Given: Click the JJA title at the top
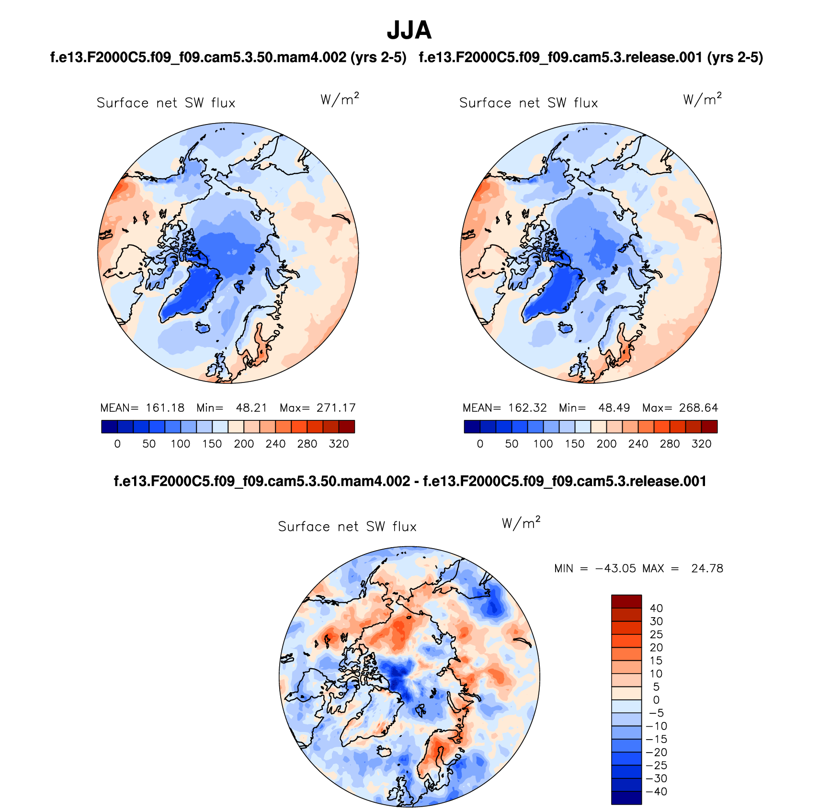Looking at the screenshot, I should [409, 31].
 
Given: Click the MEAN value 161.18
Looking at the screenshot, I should [165, 408].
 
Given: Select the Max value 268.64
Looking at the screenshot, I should [698, 408].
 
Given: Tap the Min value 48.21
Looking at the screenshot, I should [251, 408].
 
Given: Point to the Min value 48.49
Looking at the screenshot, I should [614, 408].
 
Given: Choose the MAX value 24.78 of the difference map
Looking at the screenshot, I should [707, 568].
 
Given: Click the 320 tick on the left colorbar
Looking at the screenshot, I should [339, 444].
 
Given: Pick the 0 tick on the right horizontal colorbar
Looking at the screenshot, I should [480, 444].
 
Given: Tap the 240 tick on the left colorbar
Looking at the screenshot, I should [275, 444].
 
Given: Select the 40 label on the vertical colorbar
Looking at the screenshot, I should [656, 608].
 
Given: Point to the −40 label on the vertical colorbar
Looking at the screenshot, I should [657, 791].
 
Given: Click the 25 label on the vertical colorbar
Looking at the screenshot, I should [656, 634].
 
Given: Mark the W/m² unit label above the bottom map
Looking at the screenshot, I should [521, 523].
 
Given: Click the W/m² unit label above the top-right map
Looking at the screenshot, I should [702, 99].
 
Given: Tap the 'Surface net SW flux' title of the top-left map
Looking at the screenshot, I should [166, 103].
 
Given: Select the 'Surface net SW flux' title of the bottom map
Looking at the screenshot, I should [347, 527].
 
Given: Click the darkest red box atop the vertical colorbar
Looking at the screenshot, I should [626, 601].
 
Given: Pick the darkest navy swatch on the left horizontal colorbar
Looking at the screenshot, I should [109, 427].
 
